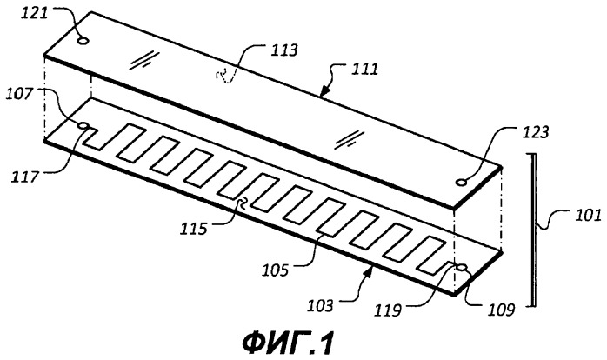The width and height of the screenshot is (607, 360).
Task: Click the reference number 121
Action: (x=34, y=13)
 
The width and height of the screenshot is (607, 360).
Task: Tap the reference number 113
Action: (x=283, y=50)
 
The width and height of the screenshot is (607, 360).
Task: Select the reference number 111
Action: (x=364, y=70)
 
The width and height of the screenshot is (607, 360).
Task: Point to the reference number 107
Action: (x=20, y=94)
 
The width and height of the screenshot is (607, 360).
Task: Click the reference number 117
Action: (x=25, y=177)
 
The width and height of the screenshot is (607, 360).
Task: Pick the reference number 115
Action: (x=194, y=230)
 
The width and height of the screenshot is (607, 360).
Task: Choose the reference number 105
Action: (x=276, y=270)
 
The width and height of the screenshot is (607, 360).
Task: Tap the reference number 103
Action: (x=320, y=306)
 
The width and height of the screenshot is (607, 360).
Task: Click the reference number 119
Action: (x=387, y=310)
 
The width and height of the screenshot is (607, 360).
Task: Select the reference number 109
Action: (x=501, y=310)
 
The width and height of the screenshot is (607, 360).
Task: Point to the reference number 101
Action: (x=588, y=216)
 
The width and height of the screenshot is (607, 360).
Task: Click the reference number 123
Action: (x=536, y=132)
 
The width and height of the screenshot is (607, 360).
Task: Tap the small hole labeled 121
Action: (x=83, y=40)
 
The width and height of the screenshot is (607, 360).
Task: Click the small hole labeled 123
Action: (x=461, y=182)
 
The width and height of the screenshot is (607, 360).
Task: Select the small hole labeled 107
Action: (x=83, y=125)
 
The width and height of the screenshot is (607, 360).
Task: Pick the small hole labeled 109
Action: (x=462, y=267)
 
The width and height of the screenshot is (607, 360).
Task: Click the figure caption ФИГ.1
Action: (x=288, y=343)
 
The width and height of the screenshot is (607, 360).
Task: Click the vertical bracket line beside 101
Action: (x=534, y=230)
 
